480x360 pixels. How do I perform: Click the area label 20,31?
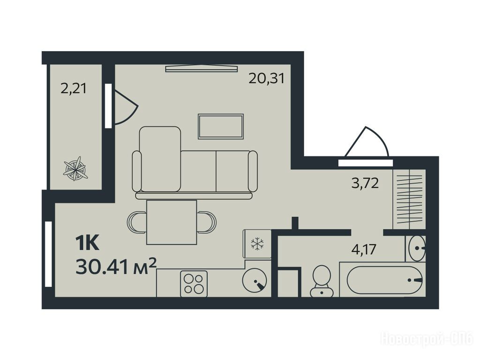(267, 78)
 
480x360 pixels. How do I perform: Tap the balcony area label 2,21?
(74, 89)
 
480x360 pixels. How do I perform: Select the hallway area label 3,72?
(365, 183)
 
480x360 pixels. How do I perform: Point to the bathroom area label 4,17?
(364, 249)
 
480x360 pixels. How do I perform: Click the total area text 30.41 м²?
(116, 266)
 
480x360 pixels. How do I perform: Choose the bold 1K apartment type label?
(87, 244)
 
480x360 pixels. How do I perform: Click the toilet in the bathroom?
(322, 281)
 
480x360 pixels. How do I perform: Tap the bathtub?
(384, 280)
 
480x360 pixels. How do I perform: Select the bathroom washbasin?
(417, 248)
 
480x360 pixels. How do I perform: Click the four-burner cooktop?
(194, 284)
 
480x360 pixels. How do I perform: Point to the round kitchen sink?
(255, 280)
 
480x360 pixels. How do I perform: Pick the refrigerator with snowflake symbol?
(257, 244)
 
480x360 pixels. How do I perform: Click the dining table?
(172, 222)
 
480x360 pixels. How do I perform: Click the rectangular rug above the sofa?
(221, 127)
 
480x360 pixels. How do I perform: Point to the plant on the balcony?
(75, 168)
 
